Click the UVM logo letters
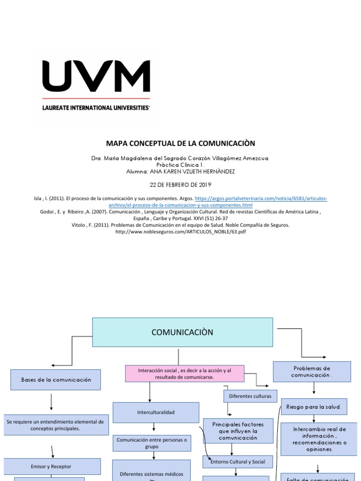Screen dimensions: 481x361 96,77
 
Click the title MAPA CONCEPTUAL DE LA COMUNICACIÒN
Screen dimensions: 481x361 180,143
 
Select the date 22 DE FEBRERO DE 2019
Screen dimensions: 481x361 180,185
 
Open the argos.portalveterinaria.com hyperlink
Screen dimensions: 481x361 261,199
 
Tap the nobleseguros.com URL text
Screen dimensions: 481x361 180,232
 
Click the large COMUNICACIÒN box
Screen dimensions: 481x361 182,333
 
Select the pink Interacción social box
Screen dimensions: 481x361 185,374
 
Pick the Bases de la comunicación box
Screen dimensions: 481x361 55,380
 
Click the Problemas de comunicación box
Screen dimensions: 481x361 312,372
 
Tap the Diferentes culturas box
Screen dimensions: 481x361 250,396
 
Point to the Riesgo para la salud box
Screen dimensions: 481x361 314,407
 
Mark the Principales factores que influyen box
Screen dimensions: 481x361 238,431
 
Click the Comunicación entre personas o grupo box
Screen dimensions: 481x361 152,443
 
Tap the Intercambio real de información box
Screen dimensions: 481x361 319,439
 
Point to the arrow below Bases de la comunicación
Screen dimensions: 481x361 51,403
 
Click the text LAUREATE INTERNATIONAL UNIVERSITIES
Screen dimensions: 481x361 96,108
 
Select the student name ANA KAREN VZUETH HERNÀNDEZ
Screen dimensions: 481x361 180,171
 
